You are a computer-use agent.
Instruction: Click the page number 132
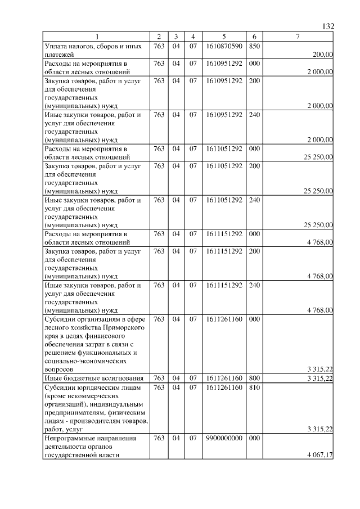coord(328,26)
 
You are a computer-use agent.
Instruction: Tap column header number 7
coord(298,37)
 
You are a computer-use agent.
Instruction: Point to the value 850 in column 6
coord(254,46)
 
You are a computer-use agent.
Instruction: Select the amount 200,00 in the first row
coord(322,55)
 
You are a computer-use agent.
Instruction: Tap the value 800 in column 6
coord(254,379)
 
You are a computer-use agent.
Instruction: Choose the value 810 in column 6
coord(254,388)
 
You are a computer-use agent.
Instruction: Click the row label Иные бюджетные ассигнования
coord(93,379)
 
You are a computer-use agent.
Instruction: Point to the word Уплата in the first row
coord(56,46)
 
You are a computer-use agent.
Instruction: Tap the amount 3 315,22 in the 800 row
coord(319,379)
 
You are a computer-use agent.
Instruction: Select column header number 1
coord(96,37)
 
